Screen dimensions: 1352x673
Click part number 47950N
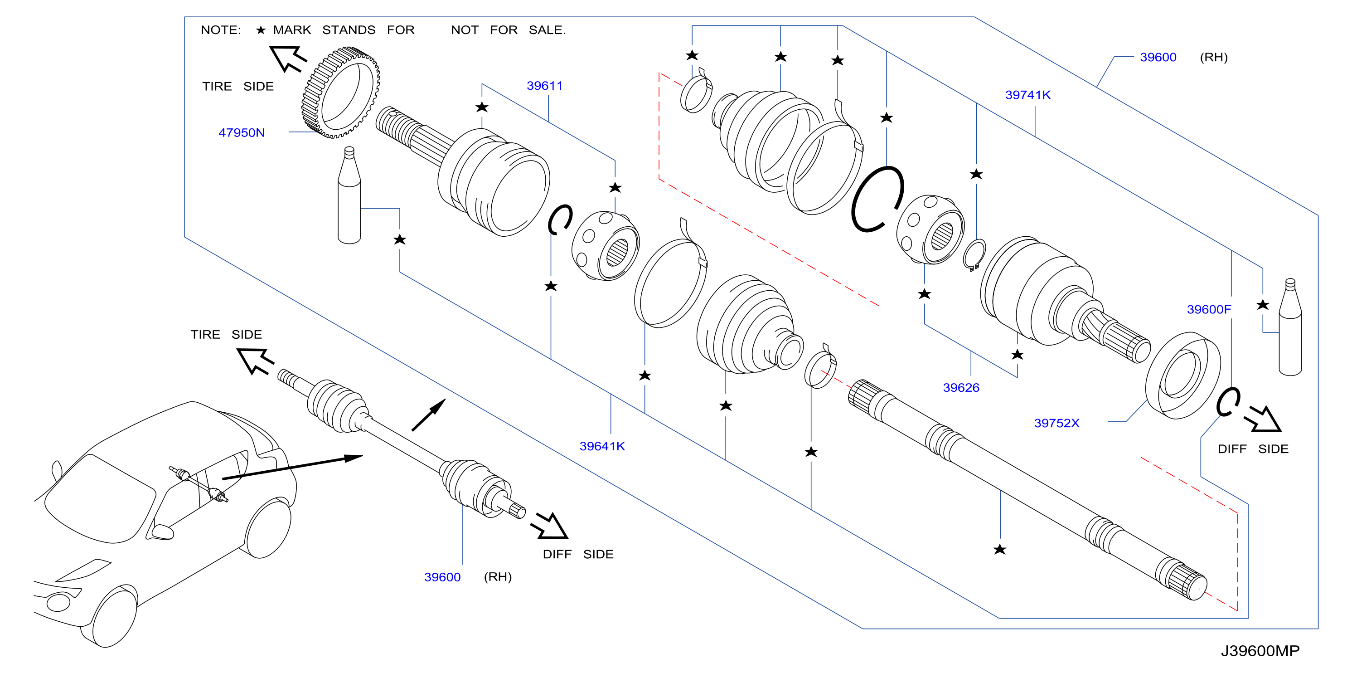click(x=242, y=133)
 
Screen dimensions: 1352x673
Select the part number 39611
click(x=544, y=86)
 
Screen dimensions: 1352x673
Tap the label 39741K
click(x=1027, y=95)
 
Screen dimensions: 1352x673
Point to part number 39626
click(x=961, y=387)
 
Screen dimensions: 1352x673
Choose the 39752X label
click(x=1056, y=423)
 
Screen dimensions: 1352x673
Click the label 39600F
click(x=1209, y=310)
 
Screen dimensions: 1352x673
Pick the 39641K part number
click(x=602, y=446)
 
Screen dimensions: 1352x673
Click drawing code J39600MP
click(x=1260, y=651)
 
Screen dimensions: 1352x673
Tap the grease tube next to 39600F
click(x=1290, y=327)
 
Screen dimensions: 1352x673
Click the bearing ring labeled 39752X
click(x=1183, y=376)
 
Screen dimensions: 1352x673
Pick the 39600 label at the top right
click(x=1158, y=57)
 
